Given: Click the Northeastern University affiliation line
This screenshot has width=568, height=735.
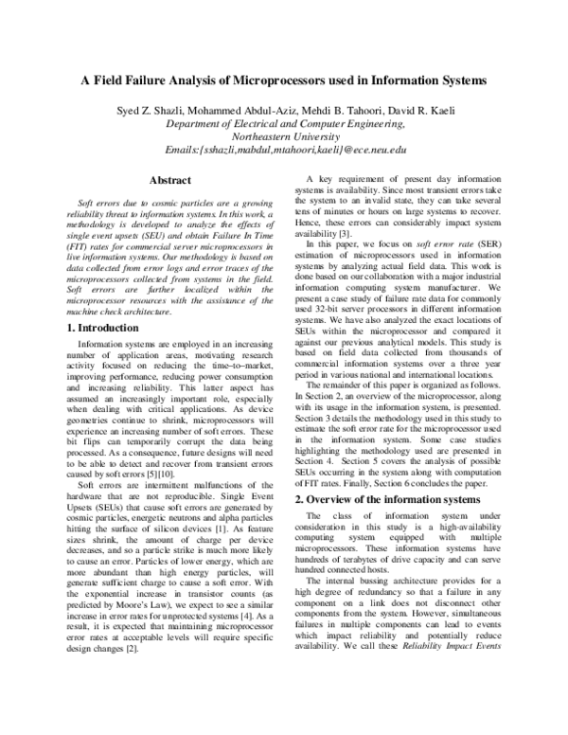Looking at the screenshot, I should tap(283, 136).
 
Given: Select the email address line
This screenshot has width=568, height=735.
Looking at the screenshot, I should tap(283, 150).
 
